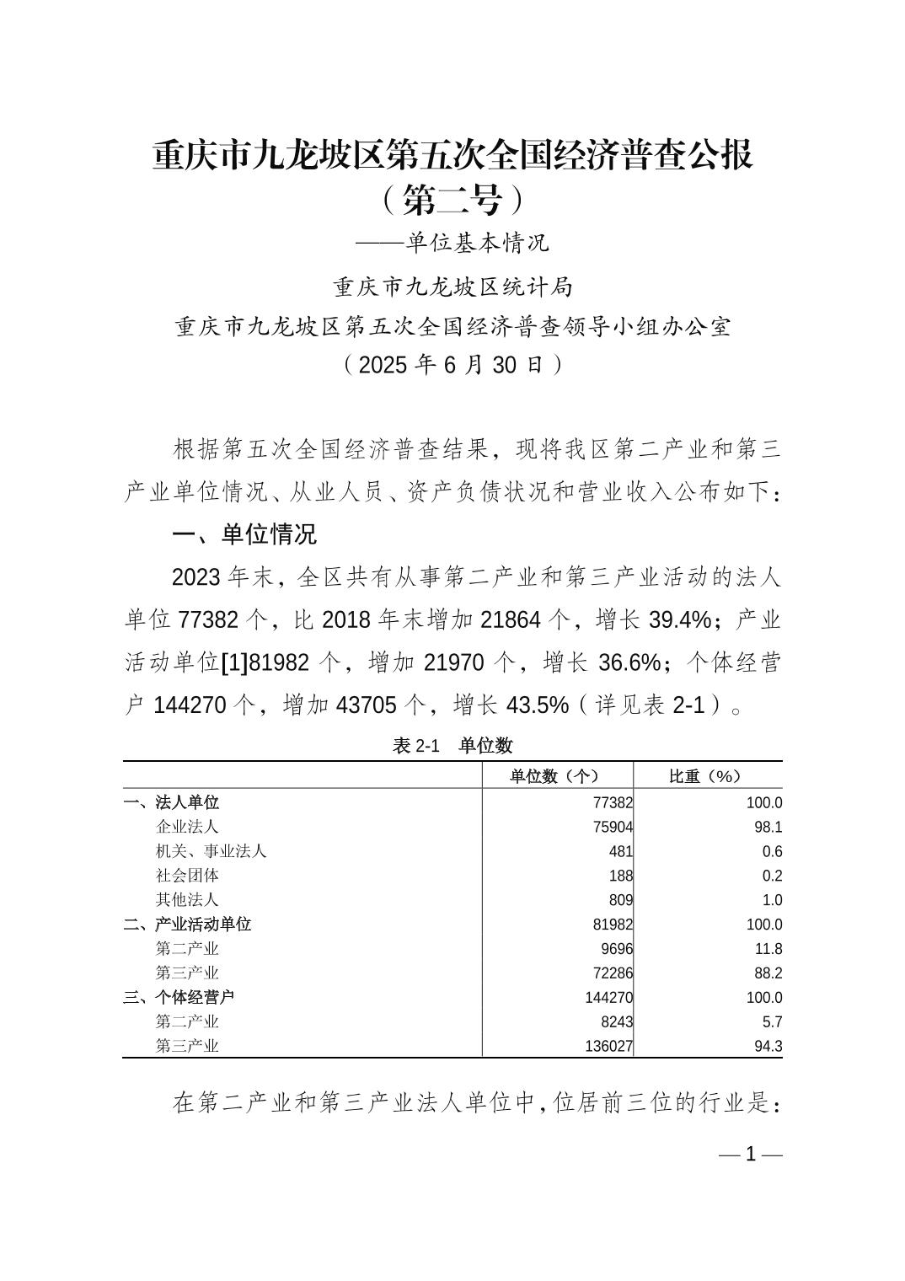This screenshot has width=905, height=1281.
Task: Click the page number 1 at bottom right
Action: (x=751, y=1155)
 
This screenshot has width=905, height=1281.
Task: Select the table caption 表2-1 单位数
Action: (x=452, y=745)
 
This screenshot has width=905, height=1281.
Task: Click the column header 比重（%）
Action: (x=705, y=776)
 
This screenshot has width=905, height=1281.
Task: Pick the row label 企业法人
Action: (x=187, y=827)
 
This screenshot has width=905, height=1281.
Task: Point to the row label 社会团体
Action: (x=187, y=876)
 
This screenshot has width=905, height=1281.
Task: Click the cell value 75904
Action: (x=613, y=827)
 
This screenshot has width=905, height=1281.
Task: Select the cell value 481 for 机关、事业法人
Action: (x=620, y=851)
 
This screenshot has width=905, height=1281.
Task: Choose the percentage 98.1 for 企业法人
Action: (x=768, y=827)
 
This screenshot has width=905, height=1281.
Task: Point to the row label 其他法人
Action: (x=187, y=900)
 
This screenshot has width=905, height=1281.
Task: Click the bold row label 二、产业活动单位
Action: (x=187, y=925)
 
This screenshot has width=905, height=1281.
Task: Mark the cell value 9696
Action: (x=617, y=949)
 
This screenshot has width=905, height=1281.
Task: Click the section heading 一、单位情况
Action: (x=244, y=534)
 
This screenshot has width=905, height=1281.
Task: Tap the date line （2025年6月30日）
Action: (x=452, y=365)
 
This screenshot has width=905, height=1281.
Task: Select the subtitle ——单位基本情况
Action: (x=452, y=244)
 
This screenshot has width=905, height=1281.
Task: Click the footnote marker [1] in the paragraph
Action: (x=233, y=663)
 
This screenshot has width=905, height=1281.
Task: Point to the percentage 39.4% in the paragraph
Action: (x=681, y=620)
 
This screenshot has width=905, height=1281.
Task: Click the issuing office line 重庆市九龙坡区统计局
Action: (x=452, y=287)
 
